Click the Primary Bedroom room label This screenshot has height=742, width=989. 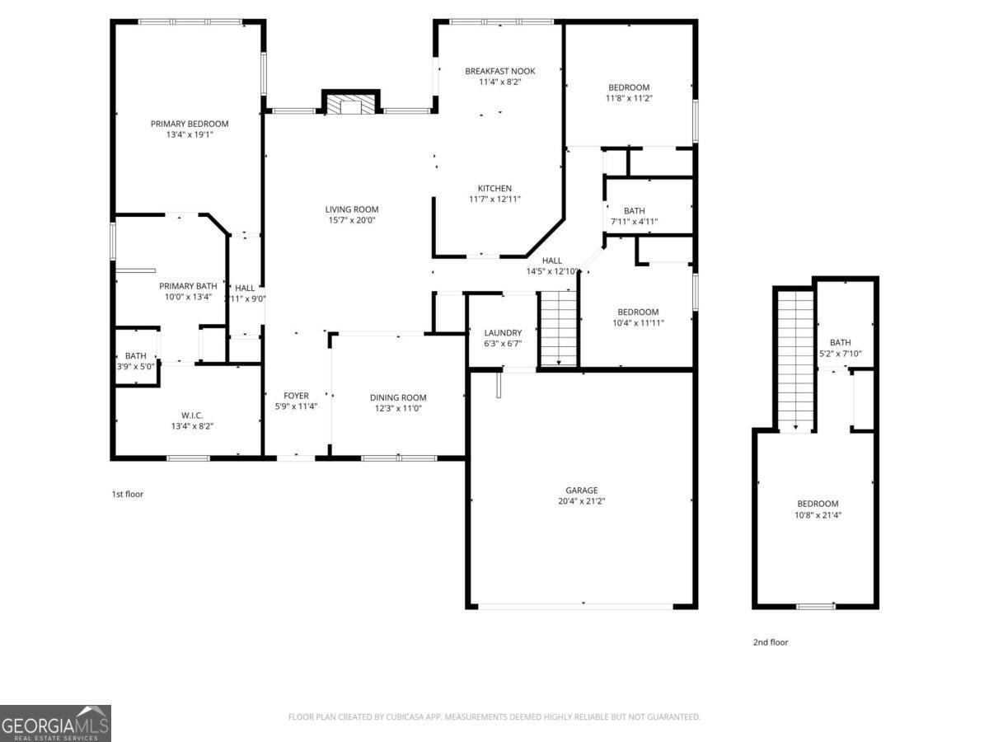click(x=190, y=124)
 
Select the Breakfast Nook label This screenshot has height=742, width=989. click(x=499, y=71)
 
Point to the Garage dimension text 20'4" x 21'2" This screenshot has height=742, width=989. click(x=582, y=500)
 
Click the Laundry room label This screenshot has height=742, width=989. click(x=503, y=333)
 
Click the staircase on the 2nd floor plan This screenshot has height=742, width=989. click(x=795, y=359)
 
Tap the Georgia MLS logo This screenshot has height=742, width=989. click(x=55, y=723)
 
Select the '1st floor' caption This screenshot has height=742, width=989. click(x=128, y=494)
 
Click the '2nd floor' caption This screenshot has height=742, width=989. click(x=770, y=642)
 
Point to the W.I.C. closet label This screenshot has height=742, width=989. click(x=192, y=415)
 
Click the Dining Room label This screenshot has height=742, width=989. click(x=398, y=397)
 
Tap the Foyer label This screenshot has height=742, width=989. click(x=296, y=396)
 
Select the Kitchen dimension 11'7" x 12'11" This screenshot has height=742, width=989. click(x=494, y=199)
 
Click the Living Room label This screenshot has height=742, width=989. click(x=352, y=209)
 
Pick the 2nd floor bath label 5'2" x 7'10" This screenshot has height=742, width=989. click(x=840, y=342)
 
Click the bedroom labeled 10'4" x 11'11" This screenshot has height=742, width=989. click(x=638, y=312)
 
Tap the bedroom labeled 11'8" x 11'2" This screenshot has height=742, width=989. click(x=629, y=87)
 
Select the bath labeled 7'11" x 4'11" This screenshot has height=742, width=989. click(x=634, y=211)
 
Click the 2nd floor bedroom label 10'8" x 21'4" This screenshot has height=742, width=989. click(x=817, y=504)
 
